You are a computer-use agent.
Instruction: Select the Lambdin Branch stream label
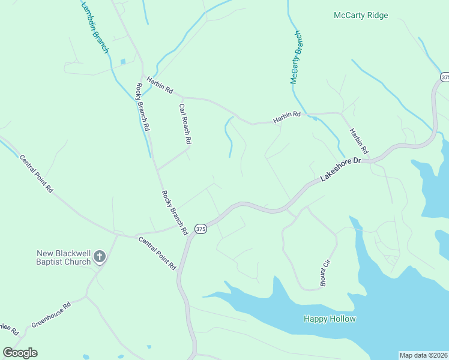[x=94, y=27]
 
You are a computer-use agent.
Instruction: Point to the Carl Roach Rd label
[x=185, y=124]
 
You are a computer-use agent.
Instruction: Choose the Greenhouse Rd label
[x=51, y=314]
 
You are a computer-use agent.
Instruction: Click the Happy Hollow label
[x=330, y=319]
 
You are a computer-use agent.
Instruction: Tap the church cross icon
[x=100, y=258]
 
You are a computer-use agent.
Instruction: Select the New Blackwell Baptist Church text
[x=63, y=257]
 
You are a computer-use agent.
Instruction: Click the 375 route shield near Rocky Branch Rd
[x=200, y=229]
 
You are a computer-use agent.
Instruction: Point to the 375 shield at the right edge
[x=445, y=77]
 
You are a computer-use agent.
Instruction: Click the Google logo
[x=20, y=353]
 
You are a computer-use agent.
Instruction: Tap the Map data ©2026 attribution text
[x=424, y=355]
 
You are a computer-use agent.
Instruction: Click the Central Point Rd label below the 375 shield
[x=157, y=253]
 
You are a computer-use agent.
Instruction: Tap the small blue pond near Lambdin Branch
[x=123, y=61]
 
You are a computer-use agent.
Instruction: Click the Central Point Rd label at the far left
[x=36, y=174]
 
